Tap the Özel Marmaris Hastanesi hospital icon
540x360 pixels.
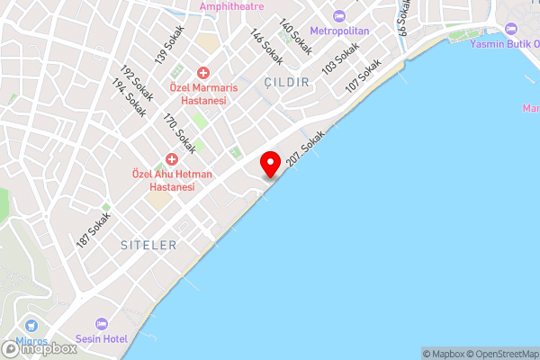pos(203,72)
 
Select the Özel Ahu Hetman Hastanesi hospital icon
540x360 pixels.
pos(170,158)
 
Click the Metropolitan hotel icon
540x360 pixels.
pos(339,16)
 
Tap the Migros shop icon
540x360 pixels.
pos(33,326)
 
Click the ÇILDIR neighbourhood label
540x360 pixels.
pos(287,82)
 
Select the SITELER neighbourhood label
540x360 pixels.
pos(148,245)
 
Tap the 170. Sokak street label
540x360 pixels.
pos(178,131)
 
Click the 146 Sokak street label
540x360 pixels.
pos(267,48)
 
